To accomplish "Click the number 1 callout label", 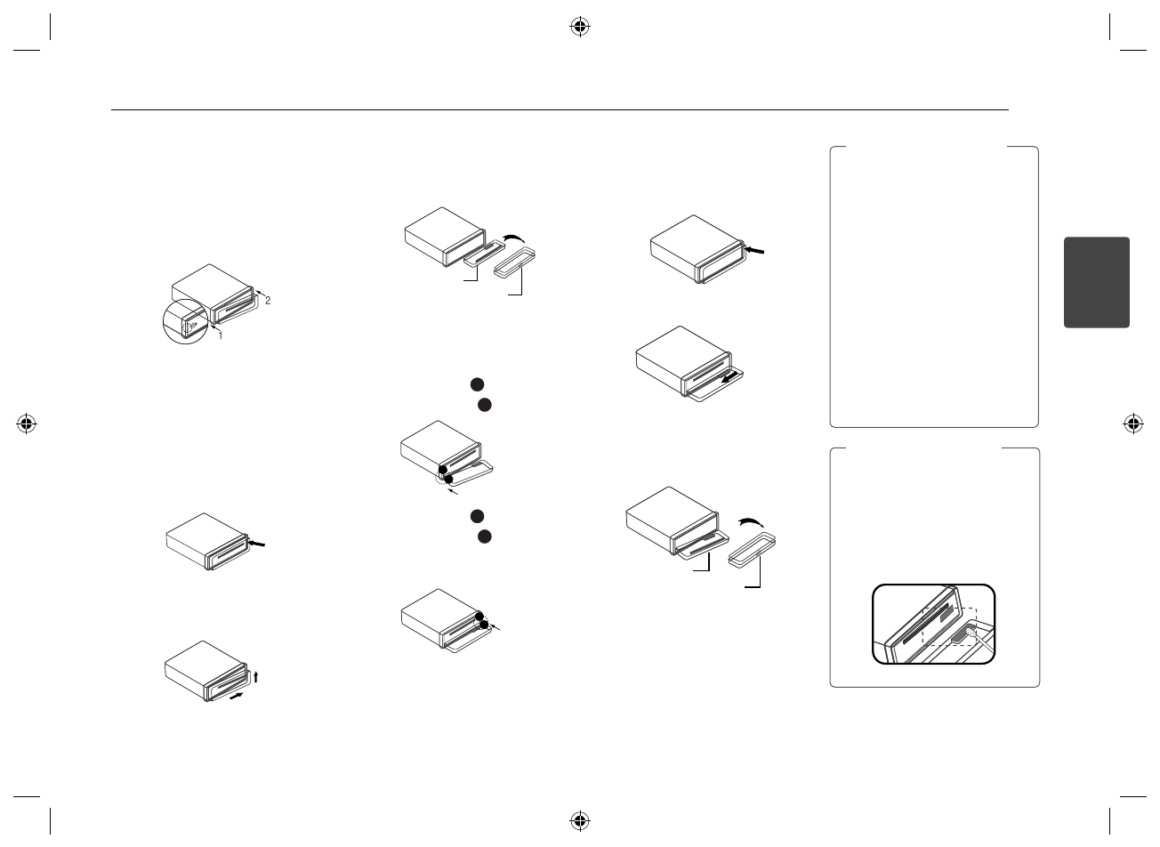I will (222, 335).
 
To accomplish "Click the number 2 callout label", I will (268, 301).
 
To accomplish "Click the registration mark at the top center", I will (579, 28).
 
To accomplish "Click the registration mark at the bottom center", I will (579, 819).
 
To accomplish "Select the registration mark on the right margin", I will (1133, 423).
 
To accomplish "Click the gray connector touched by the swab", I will (958, 634).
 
